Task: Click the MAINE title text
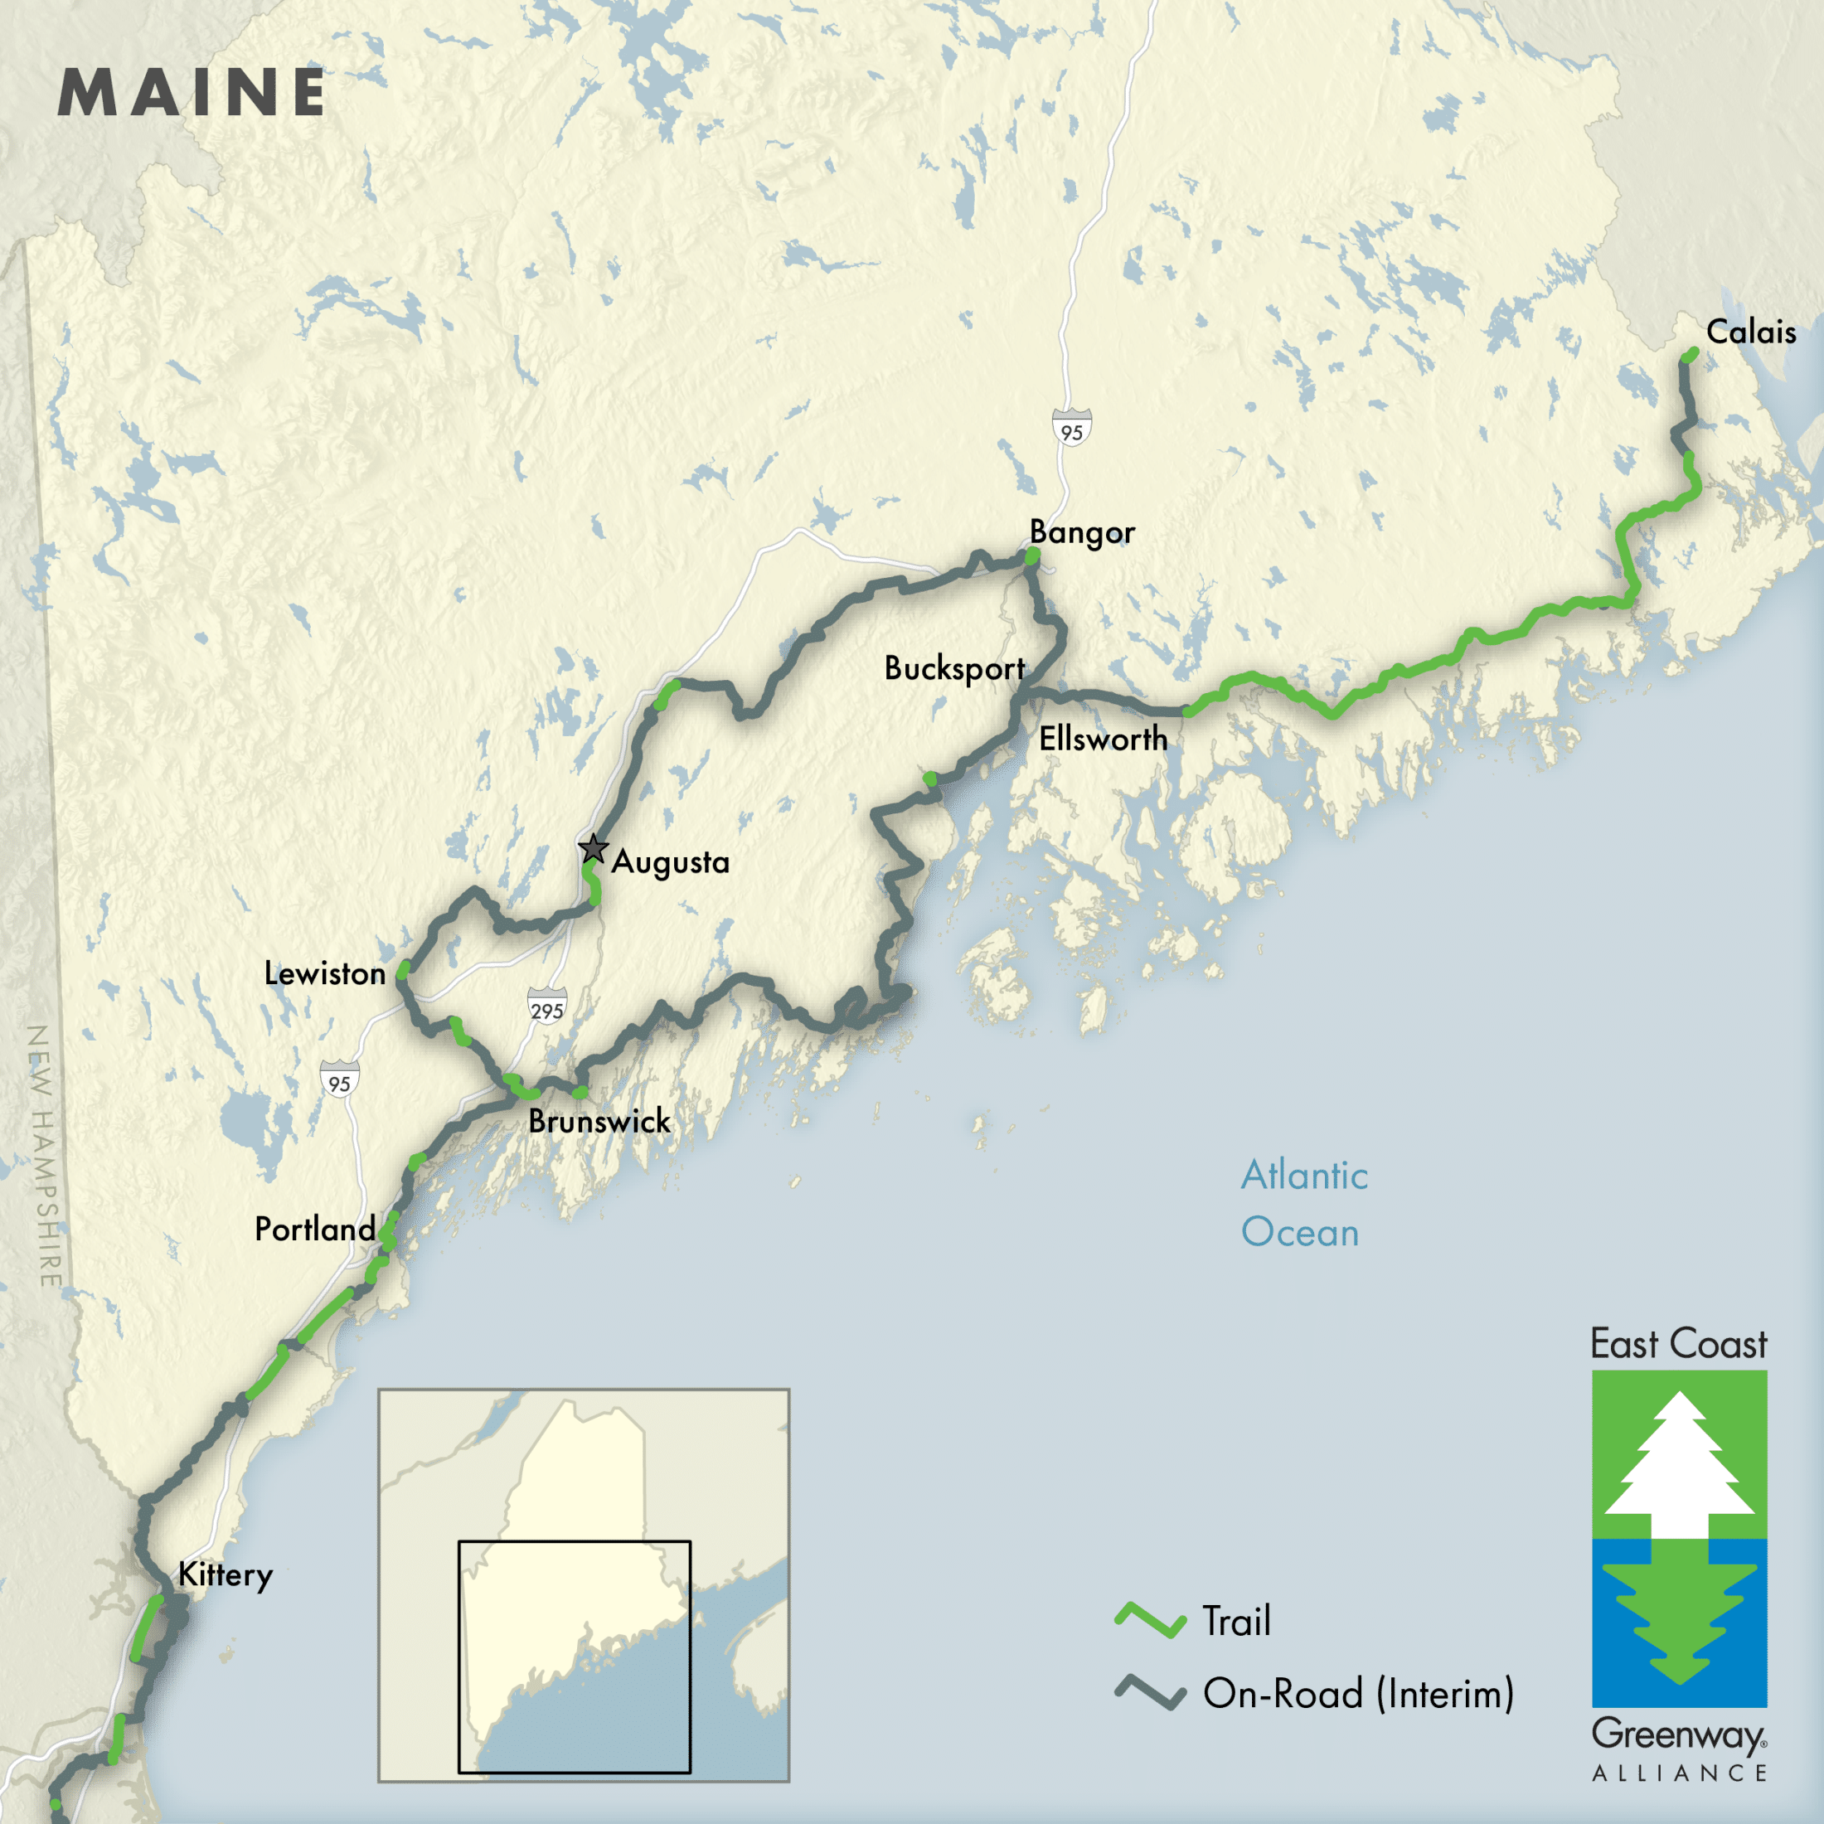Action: coord(192,93)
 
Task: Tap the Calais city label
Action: coord(1750,332)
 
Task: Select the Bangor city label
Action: coord(1082,532)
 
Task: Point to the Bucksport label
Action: coord(953,668)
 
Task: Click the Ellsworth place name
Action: coord(1103,738)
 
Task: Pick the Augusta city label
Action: coord(670,862)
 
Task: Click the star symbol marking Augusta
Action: coord(593,849)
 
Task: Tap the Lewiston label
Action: coord(325,973)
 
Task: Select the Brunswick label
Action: coord(599,1122)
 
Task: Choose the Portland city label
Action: coord(315,1230)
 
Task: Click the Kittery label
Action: coord(226,1574)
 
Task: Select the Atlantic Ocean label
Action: coord(1304,1204)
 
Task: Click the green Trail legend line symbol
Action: coord(1150,1620)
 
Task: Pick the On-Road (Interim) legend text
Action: coord(1357,1694)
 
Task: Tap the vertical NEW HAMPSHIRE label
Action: coord(46,1156)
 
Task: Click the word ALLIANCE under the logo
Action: coord(1679,1773)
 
